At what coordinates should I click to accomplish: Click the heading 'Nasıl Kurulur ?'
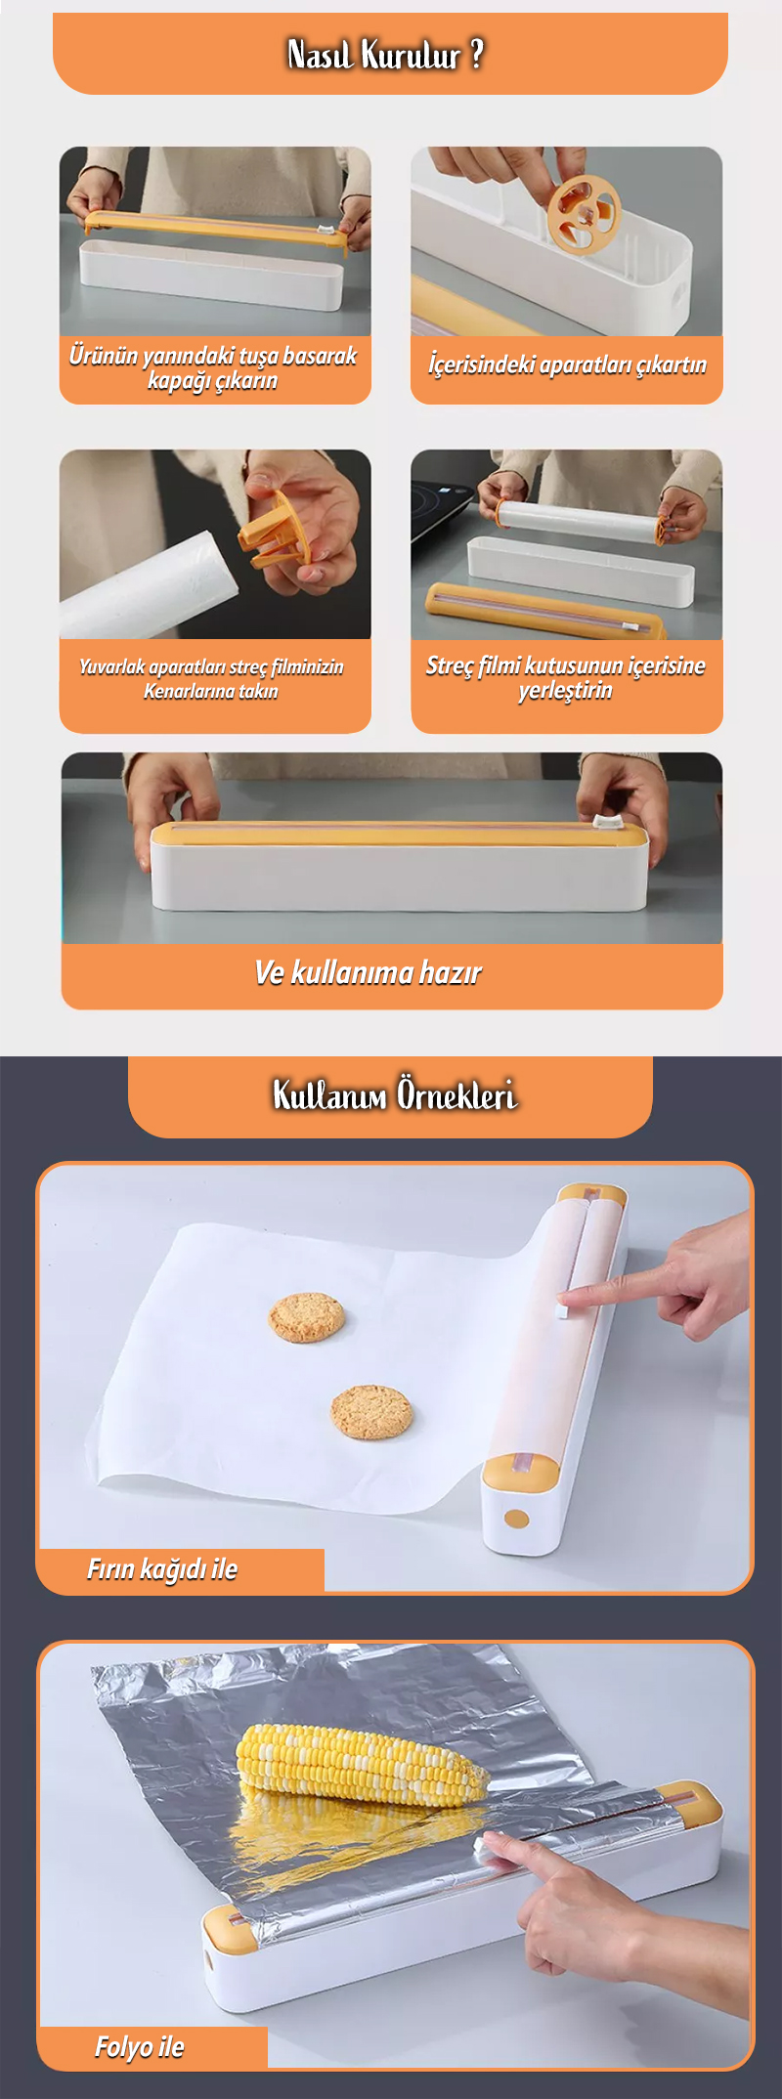[x=386, y=55]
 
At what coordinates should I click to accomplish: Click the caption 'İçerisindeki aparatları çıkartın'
[x=567, y=364]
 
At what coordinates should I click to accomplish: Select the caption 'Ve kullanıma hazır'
[x=369, y=973]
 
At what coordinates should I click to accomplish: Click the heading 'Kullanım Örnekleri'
[x=394, y=1094]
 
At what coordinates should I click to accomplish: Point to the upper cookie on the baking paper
[x=307, y=1316]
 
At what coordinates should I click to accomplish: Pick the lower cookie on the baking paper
[x=371, y=1412]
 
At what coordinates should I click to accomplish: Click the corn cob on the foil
[x=363, y=1764]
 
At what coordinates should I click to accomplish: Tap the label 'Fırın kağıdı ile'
[x=162, y=1569]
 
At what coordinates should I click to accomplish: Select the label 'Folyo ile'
[x=139, y=2047]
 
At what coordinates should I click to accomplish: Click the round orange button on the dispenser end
[x=517, y=1519]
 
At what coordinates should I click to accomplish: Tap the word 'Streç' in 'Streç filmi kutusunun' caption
[x=450, y=665]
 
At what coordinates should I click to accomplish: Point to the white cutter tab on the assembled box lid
[x=608, y=823]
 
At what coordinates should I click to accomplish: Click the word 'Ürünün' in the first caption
[x=104, y=355]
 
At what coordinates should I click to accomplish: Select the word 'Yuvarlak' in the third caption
[x=112, y=667]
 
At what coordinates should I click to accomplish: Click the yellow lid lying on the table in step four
[x=545, y=611]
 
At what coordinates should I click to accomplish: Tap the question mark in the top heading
[x=477, y=55]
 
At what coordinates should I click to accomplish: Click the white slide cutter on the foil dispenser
[x=489, y=1849]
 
